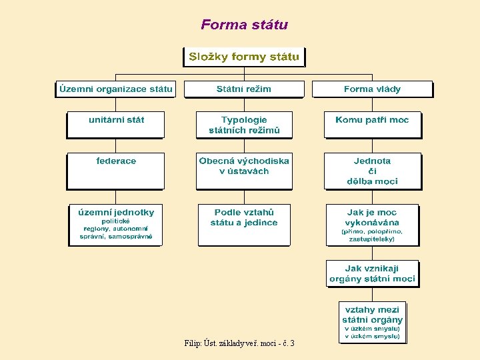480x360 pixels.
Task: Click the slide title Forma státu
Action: pyautogui.click(x=244, y=25)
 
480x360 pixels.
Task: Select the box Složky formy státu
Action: pyautogui.click(x=244, y=57)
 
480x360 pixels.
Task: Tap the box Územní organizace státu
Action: pyautogui.click(x=115, y=89)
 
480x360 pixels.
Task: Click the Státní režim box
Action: pyautogui.click(x=244, y=89)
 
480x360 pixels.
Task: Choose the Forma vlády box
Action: pyautogui.click(x=372, y=89)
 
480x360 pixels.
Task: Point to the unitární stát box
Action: pyautogui.click(x=116, y=124)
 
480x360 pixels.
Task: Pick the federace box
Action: pyautogui.click(x=116, y=170)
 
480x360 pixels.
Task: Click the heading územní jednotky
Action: pyautogui.click(x=116, y=212)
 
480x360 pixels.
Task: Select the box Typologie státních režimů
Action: pyautogui.click(x=244, y=125)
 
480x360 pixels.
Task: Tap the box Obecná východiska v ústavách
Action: pyautogui.click(x=244, y=170)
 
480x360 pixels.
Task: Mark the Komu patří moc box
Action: pyautogui.click(x=372, y=124)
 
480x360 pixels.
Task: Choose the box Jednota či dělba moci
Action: pyautogui.click(x=372, y=171)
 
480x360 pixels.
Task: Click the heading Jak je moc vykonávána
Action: pyautogui.click(x=372, y=217)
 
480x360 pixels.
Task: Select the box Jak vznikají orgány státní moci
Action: pyautogui.click(x=372, y=273)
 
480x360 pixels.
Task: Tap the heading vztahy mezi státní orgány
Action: pyautogui.click(x=372, y=315)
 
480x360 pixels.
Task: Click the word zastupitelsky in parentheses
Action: pyautogui.click(x=371, y=238)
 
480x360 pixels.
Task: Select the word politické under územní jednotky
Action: pyautogui.click(x=115, y=221)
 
